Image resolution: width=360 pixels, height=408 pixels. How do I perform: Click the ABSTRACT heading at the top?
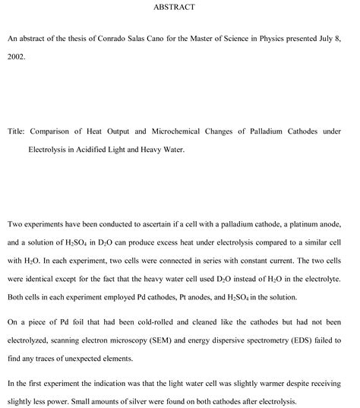coord(179,7)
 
